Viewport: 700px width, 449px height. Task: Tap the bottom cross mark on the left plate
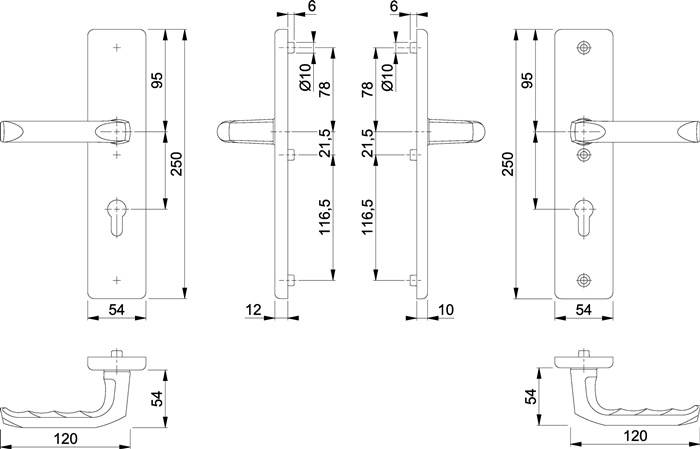[117, 278]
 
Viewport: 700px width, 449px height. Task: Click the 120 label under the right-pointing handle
[634, 436]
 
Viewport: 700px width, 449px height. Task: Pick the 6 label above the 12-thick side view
[312, 7]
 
